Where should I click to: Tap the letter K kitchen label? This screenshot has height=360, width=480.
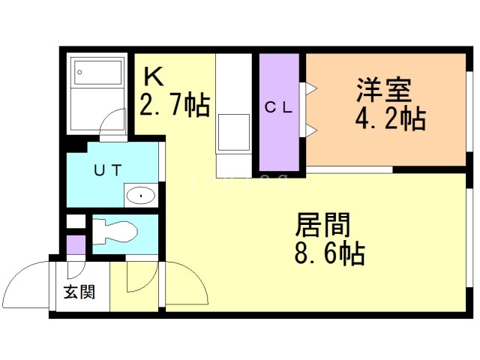coord(152,76)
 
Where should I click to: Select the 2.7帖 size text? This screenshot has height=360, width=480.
coord(174,106)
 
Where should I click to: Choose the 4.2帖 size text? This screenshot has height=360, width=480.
coord(390,118)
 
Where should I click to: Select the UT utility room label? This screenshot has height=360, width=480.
coord(108,170)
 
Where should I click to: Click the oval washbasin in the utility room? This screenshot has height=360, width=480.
coord(139,196)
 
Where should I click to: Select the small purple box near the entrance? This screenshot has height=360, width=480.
coord(75,244)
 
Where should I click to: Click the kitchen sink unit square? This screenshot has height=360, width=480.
coord(235,132)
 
